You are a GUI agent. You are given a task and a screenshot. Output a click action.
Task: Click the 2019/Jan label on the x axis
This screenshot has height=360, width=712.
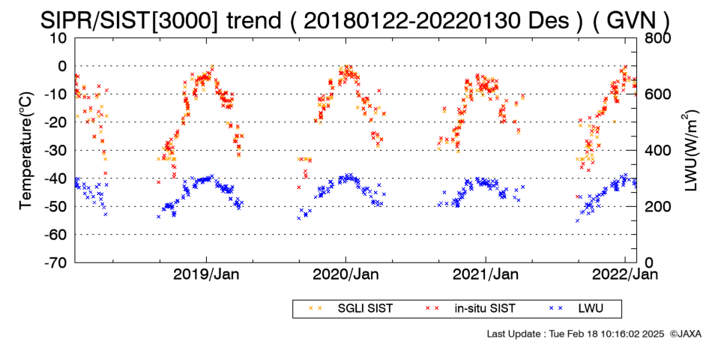207,274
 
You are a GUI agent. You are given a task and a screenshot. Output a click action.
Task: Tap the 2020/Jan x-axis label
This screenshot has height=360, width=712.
346,274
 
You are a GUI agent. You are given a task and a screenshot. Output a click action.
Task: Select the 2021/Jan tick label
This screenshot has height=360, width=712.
486,274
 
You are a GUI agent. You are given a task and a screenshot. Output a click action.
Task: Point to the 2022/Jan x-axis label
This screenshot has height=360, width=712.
625,274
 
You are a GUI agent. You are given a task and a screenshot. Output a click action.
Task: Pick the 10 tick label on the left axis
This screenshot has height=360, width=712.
58,38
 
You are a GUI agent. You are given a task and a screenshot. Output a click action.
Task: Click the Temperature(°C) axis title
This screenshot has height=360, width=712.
26,151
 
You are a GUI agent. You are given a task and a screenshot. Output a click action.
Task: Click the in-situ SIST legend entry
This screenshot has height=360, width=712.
471,309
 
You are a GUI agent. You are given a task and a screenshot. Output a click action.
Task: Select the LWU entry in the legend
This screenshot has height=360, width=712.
576,309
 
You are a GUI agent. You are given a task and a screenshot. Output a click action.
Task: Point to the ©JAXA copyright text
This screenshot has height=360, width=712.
685,334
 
